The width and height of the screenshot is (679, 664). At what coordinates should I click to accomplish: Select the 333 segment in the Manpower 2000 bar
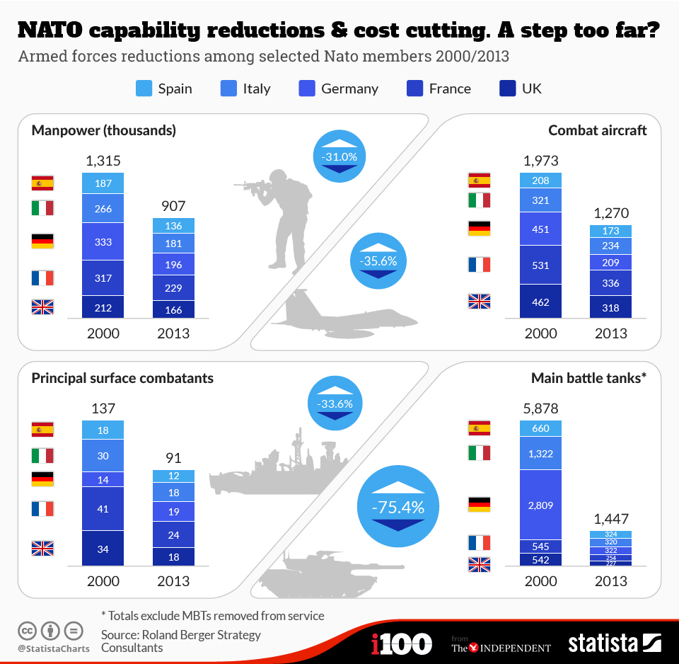coord(103,242)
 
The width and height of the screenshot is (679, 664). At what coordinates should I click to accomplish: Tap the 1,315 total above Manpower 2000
coord(103,161)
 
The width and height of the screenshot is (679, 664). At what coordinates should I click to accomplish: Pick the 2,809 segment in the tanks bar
coord(540,504)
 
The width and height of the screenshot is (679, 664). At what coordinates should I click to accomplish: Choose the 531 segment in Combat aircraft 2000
coord(540,265)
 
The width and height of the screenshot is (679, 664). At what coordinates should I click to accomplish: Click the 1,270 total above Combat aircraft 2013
coord(611,213)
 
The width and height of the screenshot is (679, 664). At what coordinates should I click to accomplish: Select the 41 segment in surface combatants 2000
coord(103,508)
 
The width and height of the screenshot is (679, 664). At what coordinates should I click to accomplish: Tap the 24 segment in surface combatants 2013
coord(173,535)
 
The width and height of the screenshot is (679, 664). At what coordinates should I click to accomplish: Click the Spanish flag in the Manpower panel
coord(42,183)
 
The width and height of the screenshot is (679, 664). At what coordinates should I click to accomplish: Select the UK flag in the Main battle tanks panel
coord(479,564)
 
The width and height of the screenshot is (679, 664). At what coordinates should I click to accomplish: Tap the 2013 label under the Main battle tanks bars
coord(611,581)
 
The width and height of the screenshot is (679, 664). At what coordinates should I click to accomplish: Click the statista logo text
coord(603,643)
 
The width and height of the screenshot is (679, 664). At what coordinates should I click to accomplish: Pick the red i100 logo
coord(401,643)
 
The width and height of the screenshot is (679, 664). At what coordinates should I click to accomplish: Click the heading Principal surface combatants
coord(122,378)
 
